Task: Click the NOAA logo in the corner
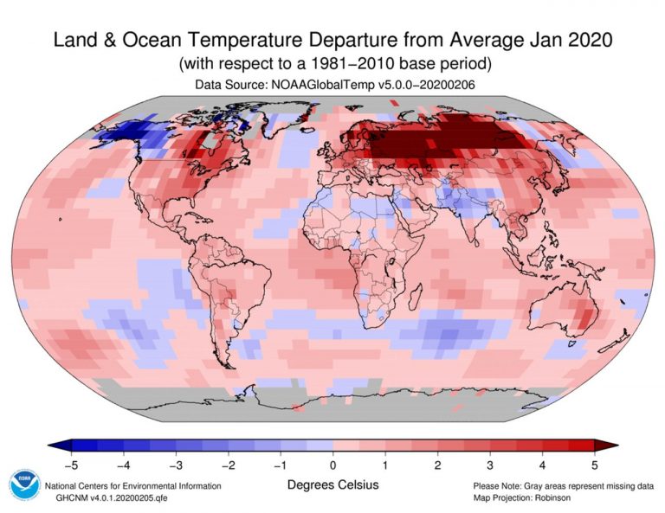click(x=23, y=485)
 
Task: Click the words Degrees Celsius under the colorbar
click(x=332, y=484)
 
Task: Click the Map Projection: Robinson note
click(x=524, y=499)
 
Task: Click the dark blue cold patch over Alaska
click(x=121, y=134)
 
